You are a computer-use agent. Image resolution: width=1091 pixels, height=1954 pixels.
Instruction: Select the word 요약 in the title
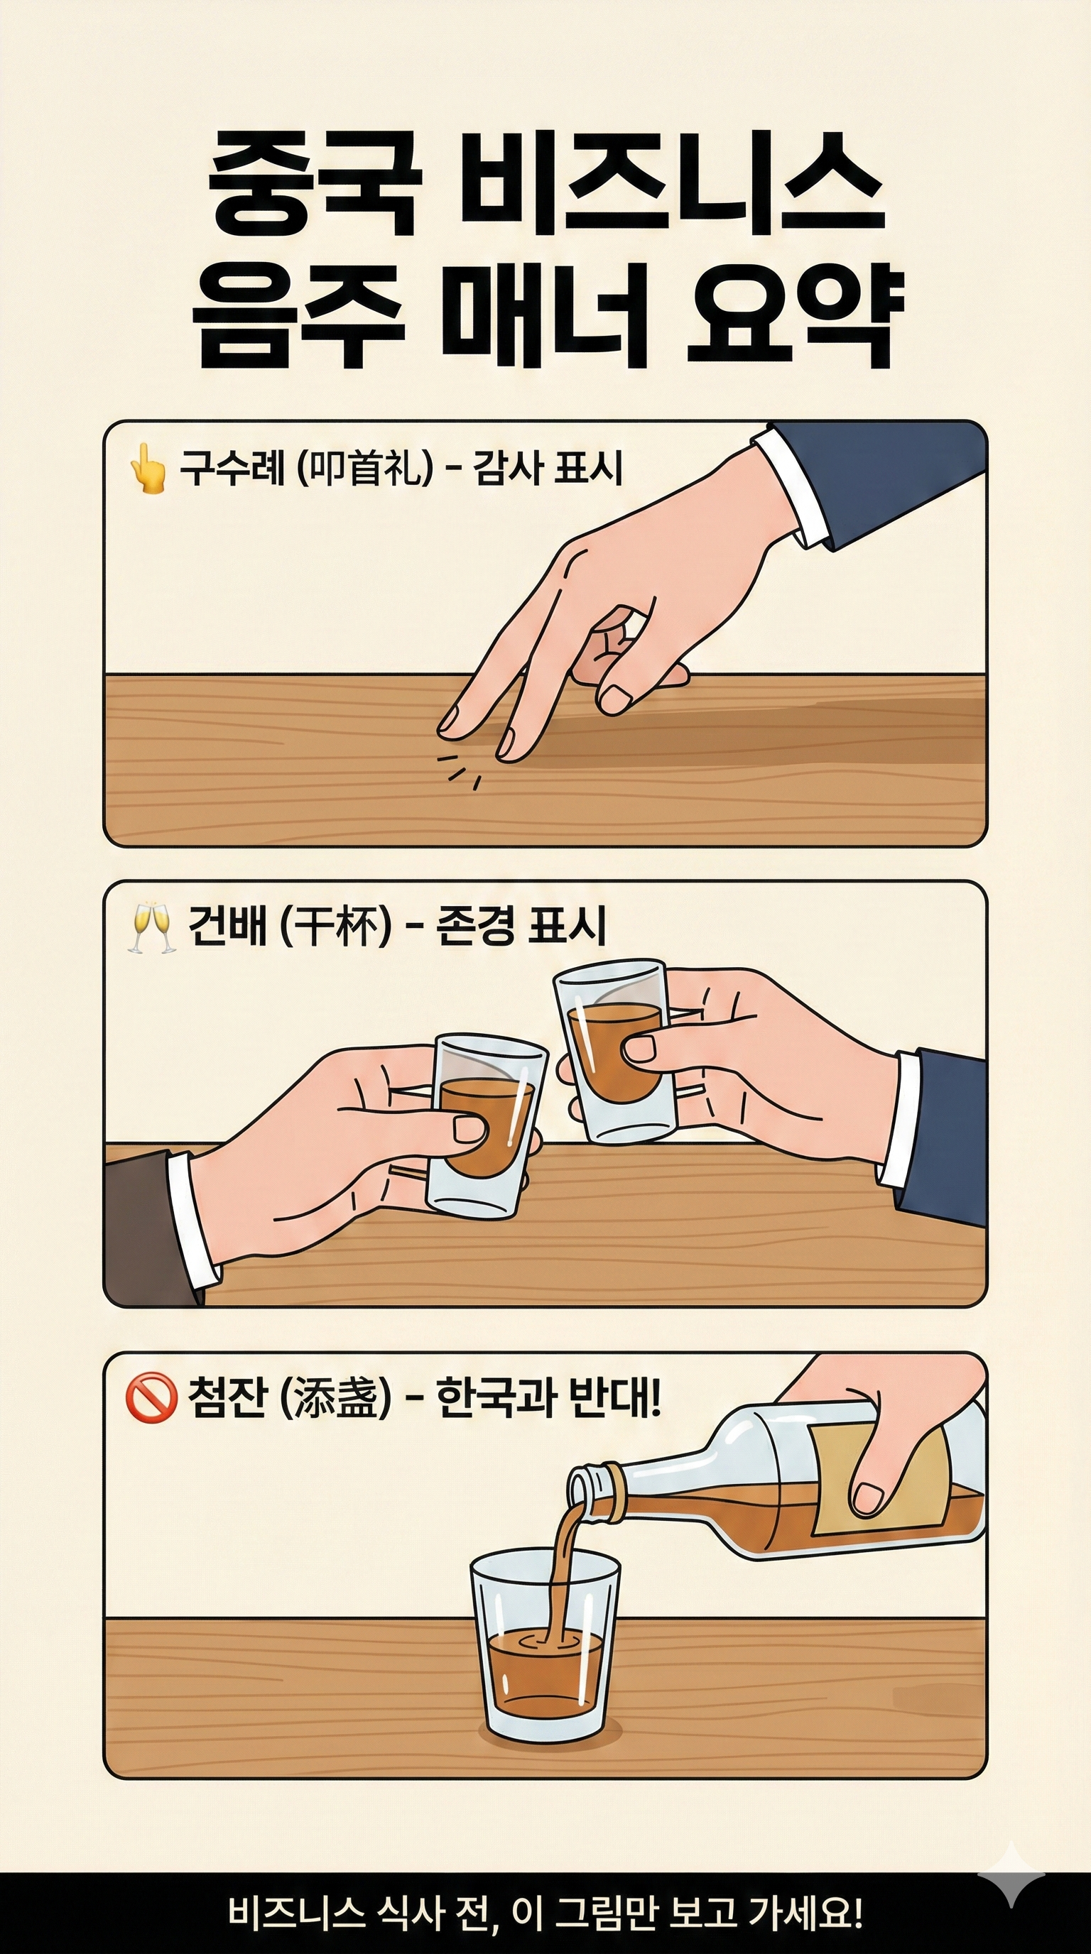(792, 314)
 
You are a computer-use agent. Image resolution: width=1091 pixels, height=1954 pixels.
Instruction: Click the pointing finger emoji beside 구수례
(147, 468)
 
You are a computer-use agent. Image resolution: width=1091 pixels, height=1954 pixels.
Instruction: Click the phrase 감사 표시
(547, 467)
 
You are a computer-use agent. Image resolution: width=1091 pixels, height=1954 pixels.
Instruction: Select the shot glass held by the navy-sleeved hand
(610, 1052)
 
